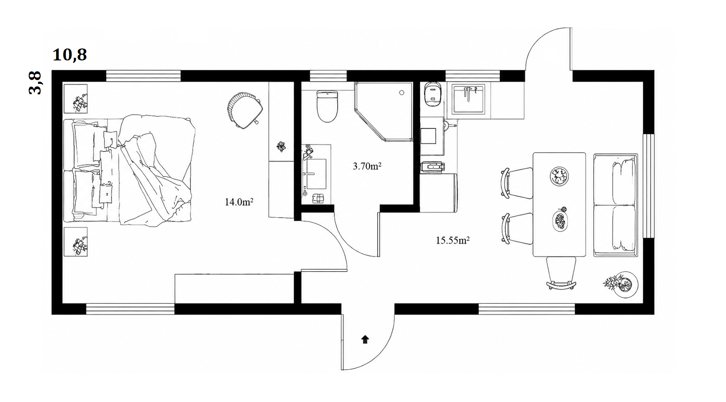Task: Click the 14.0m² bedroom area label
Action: [x=239, y=202]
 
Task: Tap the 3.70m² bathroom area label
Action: [x=367, y=166]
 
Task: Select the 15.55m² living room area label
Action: [x=452, y=240]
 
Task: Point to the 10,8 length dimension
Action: [x=70, y=55]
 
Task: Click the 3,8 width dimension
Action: [x=35, y=83]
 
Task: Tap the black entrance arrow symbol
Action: [x=365, y=339]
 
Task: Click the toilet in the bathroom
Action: [x=327, y=106]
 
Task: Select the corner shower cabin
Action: [x=383, y=112]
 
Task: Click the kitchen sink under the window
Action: [x=468, y=99]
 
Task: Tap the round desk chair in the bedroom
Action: [x=244, y=110]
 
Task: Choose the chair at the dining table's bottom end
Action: [x=561, y=273]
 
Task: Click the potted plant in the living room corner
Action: [x=621, y=285]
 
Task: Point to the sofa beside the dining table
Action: [x=615, y=205]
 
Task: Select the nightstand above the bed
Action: [x=76, y=99]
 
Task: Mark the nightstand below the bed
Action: [x=76, y=242]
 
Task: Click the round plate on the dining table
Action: [x=559, y=176]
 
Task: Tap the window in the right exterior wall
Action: [x=649, y=186]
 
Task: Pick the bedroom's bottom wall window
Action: [x=130, y=309]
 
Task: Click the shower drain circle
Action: [x=402, y=93]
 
